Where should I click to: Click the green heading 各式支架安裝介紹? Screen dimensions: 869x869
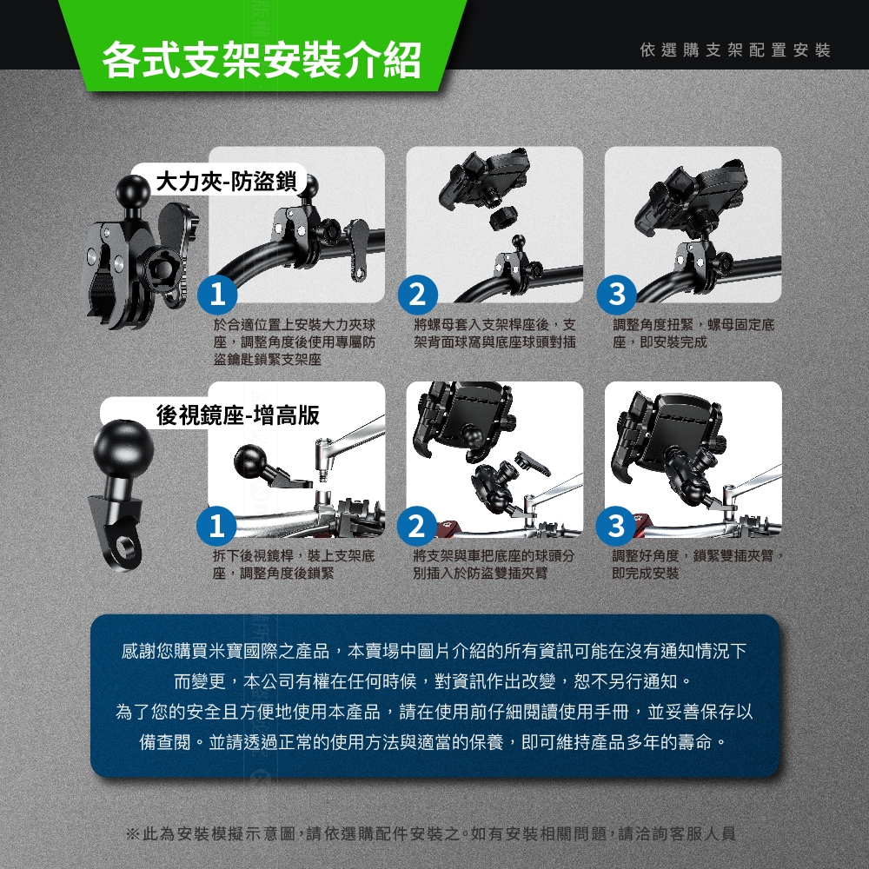262,59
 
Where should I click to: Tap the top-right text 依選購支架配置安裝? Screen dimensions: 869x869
735,50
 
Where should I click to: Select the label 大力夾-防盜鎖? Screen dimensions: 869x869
227,182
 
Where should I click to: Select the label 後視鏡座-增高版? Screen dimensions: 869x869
238,415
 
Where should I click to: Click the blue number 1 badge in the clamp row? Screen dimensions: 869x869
218,295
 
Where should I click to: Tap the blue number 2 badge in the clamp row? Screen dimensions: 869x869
417,295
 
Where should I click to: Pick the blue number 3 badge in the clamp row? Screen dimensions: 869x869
616,295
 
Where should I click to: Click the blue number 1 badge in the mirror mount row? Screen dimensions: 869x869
216,526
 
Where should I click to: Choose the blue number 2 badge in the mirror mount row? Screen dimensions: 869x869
417,526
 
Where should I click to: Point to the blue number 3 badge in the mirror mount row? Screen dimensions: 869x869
616,526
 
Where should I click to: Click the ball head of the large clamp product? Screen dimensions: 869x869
132,191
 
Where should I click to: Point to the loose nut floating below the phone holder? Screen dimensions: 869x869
503,216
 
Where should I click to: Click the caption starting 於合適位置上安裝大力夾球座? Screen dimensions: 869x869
295,342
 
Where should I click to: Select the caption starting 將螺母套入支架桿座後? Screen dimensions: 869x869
495,333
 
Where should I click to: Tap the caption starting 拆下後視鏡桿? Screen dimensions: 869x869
294,564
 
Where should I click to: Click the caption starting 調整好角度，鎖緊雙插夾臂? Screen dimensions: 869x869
698,564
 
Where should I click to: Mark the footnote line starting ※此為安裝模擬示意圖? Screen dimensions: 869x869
431,833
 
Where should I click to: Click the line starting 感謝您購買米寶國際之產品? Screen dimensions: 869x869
434,651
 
